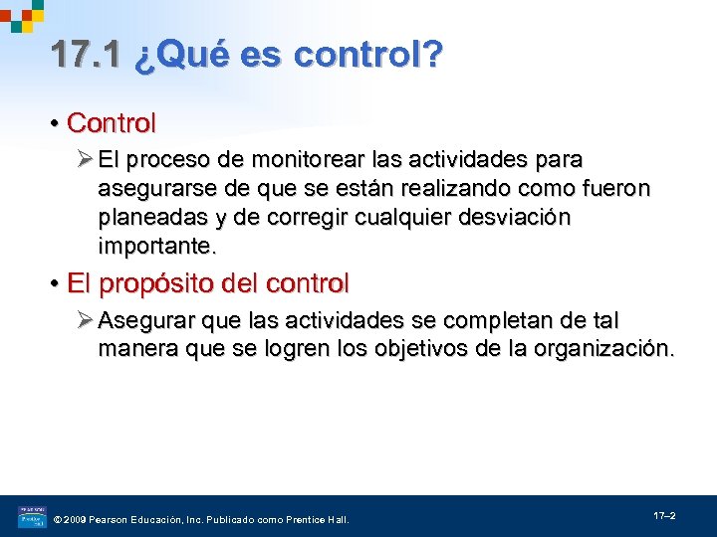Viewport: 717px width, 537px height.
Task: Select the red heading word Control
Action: pyautogui.click(x=112, y=123)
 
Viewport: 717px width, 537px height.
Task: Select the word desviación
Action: pyautogui.click(x=514, y=218)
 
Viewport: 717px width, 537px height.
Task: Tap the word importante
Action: pyautogui.click(x=156, y=246)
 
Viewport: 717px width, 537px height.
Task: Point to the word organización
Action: pyautogui.click(x=604, y=350)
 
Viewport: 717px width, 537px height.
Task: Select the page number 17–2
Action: pyautogui.click(x=664, y=515)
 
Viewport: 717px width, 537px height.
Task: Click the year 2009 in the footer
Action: pyautogui.click(x=76, y=519)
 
